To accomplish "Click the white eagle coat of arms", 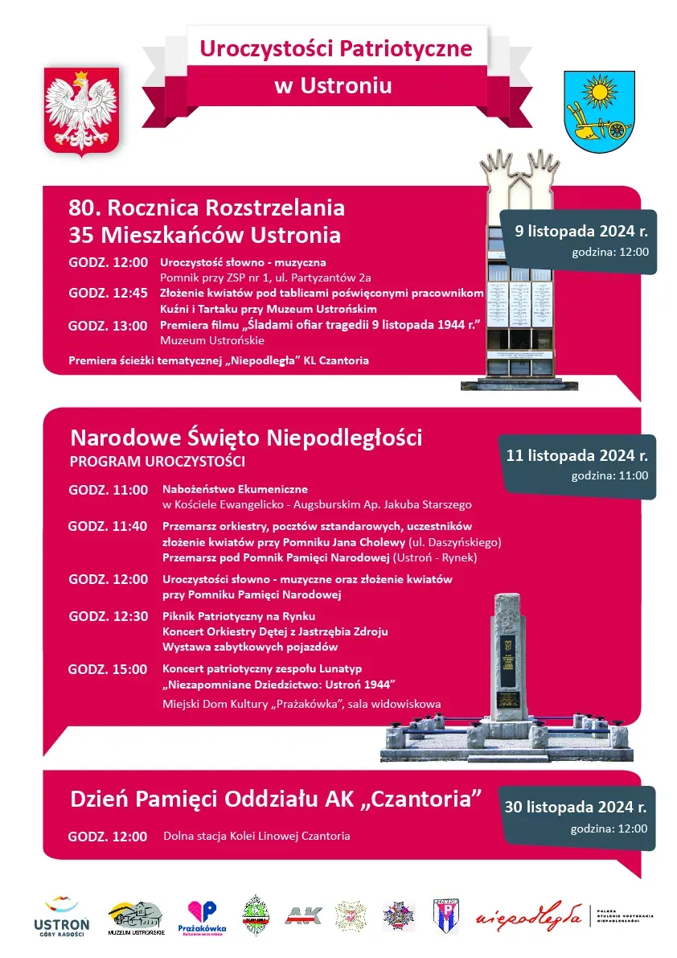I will (81, 110).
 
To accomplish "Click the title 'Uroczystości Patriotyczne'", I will (336, 47).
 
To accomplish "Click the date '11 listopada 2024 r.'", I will (577, 455).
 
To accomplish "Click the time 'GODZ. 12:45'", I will (108, 293).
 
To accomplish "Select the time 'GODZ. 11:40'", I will (108, 526).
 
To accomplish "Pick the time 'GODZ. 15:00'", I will (108, 669).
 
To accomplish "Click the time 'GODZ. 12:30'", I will (108, 616).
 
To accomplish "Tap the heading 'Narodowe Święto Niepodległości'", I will (246, 438).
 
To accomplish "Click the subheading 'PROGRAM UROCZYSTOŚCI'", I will (157, 462).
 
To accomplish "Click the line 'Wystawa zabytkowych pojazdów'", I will (249, 647).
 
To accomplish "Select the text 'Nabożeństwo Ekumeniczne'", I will (235, 489).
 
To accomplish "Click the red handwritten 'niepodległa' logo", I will (528, 915).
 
